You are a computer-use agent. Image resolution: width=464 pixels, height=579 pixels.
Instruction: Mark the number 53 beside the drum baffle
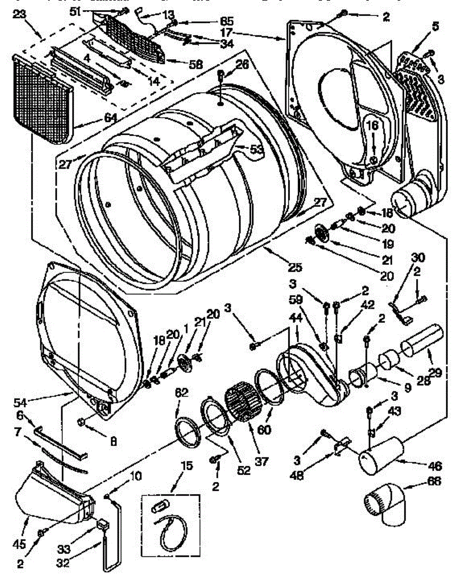[x=256, y=150]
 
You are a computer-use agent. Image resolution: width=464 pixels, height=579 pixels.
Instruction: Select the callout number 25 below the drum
[x=295, y=266]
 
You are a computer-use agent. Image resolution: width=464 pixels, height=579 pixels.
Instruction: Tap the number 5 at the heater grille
[x=436, y=27]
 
